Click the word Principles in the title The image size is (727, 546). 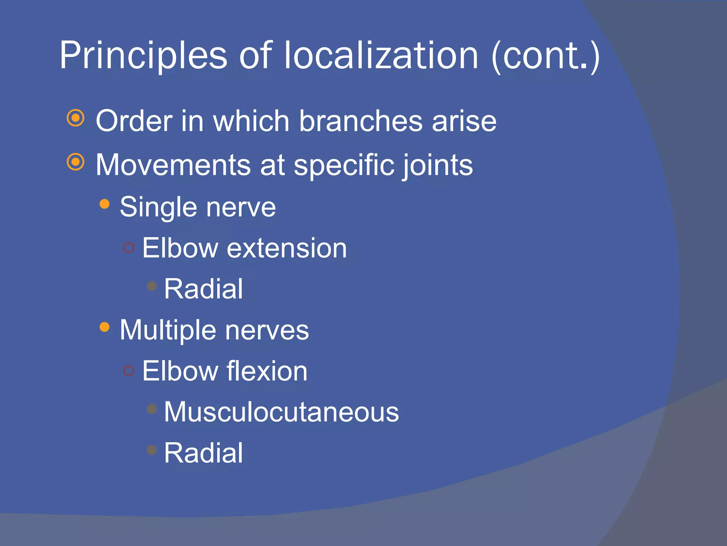click(x=143, y=56)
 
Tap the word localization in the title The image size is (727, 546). click(x=381, y=56)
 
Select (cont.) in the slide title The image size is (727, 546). click(x=546, y=56)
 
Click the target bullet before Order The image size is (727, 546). click(x=76, y=118)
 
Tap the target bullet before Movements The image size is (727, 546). click(x=76, y=162)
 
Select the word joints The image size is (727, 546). click(x=438, y=166)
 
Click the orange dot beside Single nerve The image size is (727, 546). click(x=104, y=204)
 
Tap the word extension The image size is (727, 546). click(x=286, y=248)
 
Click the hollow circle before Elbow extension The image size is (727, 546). click(x=129, y=247)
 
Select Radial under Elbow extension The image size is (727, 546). click(x=203, y=289)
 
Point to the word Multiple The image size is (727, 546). click(x=168, y=330)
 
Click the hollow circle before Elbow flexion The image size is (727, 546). click(x=129, y=371)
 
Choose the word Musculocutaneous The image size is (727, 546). click(x=281, y=412)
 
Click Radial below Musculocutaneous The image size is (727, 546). click(x=203, y=453)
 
